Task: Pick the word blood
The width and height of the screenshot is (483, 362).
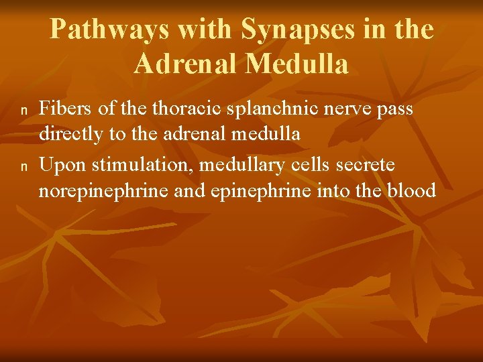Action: [x=411, y=190]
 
